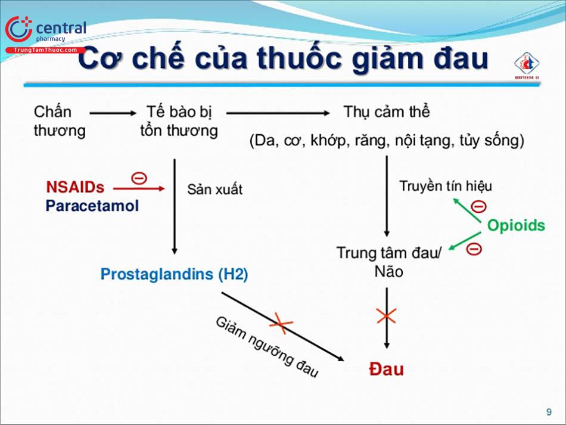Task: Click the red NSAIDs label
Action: [75, 187]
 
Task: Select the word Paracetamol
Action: [92, 206]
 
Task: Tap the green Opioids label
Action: [516, 225]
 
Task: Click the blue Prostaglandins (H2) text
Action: [174, 274]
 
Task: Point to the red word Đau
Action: [386, 368]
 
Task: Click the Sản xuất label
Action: [214, 190]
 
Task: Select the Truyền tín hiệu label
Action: [446, 185]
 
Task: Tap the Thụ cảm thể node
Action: [386, 111]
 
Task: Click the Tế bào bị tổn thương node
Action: [179, 121]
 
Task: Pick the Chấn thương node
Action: [59, 121]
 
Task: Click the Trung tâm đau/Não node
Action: [388, 262]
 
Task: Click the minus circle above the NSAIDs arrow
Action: [139, 177]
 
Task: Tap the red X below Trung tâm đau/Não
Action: [387, 316]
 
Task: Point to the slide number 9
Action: [549, 412]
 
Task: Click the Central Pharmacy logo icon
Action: [18, 29]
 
